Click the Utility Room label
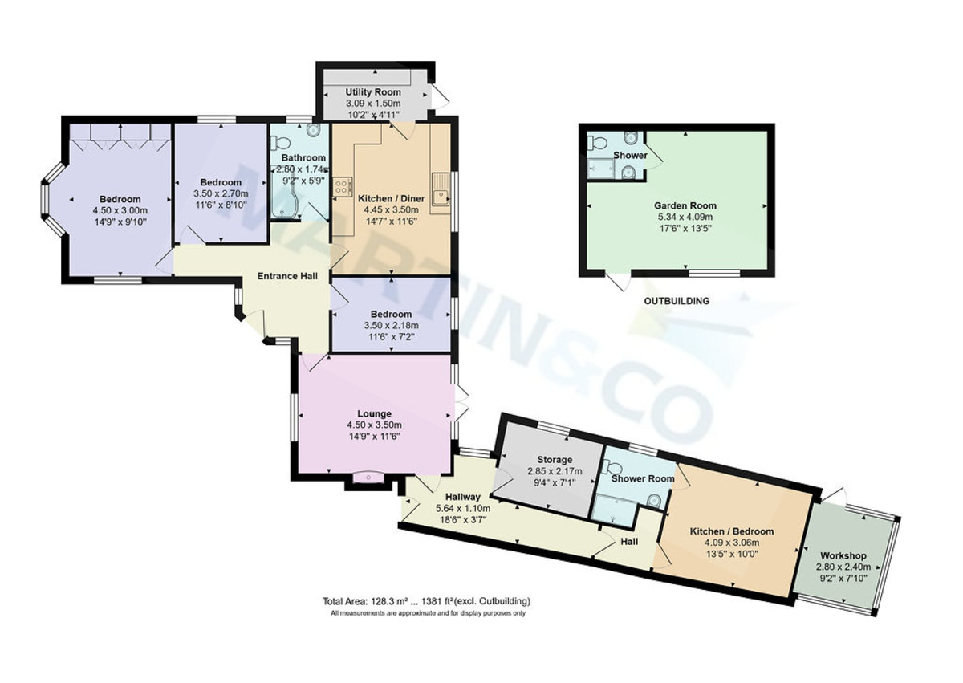point(372,93)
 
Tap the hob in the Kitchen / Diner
point(341,187)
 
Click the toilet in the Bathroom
point(280,142)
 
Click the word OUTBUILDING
point(677,302)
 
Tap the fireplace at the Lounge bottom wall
point(368,479)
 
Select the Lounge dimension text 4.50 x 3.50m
point(373,425)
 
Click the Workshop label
point(843,556)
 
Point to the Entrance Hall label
point(286,276)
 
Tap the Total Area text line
point(426,601)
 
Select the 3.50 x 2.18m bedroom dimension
point(391,326)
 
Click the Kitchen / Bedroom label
point(732,531)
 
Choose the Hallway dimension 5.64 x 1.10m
point(462,508)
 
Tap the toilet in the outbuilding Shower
point(595,144)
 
